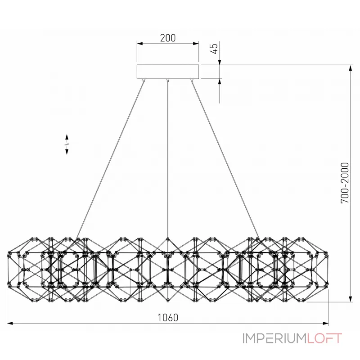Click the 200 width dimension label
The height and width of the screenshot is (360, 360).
pyautogui.click(x=168, y=38)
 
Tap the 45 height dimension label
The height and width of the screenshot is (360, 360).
pyautogui.click(x=214, y=49)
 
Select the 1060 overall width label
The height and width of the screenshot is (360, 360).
pyautogui.click(x=168, y=318)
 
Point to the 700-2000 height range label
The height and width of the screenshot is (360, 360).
pyautogui.click(x=345, y=183)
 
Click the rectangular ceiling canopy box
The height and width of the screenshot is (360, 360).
pyautogui.click(x=168, y=72)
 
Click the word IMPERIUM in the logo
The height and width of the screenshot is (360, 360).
pyautogui.click(x=275, y=338)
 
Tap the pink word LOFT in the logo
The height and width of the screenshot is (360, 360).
pyautogui.click(x=324, y=338)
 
